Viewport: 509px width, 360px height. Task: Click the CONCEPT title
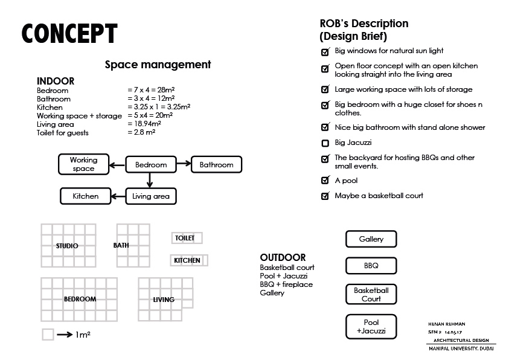[69, 34]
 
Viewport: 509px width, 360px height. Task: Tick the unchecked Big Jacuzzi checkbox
[325, 143]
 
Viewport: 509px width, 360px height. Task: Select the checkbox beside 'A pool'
[325, 181]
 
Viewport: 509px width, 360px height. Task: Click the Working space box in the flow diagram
[83, 164]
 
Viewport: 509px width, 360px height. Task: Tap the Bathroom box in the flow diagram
[216, 164]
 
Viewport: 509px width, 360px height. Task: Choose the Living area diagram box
[151, 196]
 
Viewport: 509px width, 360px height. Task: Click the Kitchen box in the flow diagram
[86, 196]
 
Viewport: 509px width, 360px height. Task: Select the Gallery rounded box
[371, 239]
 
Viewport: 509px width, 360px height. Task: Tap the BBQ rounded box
[371, 266]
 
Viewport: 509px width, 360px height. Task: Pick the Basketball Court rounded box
[371, 295]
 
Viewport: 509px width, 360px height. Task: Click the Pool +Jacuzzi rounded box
[371, 327]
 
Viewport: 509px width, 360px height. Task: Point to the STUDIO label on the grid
[67, 246]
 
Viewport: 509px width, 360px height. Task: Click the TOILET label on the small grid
[185, 238]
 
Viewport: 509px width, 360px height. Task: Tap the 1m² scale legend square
[48, 334]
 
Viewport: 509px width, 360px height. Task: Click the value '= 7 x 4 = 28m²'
[151, 90]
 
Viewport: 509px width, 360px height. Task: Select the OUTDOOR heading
[283, 258]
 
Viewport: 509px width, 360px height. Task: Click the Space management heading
[158, 65]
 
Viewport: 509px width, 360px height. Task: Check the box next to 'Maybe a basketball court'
[325, 196]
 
